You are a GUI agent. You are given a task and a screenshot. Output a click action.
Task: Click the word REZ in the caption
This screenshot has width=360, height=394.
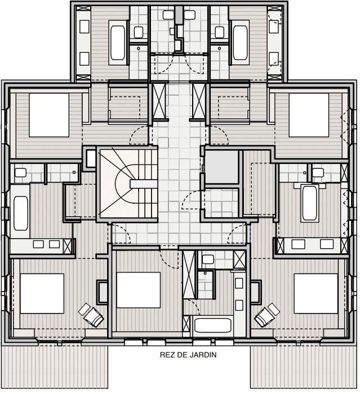point(167,355)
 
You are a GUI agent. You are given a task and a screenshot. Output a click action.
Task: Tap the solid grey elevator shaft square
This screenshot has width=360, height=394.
point(221,167)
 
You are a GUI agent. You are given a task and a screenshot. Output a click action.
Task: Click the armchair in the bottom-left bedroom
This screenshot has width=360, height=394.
point(91,314)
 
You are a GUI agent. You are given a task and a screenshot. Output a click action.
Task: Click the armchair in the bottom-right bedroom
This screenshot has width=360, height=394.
point(267,315)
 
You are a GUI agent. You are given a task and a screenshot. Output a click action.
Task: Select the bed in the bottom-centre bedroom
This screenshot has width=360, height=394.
point(139,290)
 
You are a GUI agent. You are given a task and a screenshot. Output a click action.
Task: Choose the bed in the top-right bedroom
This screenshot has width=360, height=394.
point(309,115)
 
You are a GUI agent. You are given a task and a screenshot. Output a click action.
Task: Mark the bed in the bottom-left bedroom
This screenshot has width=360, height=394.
point(42,293)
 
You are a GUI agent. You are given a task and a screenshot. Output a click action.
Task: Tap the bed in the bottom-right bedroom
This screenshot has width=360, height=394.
point(315,293)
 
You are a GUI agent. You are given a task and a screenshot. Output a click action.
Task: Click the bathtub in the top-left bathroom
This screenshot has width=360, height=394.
point(118,43)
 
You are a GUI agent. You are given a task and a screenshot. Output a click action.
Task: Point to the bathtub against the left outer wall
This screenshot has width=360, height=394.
point(21,212)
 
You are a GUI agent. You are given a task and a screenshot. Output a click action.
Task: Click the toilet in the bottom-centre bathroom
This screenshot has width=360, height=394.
point(207,259)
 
